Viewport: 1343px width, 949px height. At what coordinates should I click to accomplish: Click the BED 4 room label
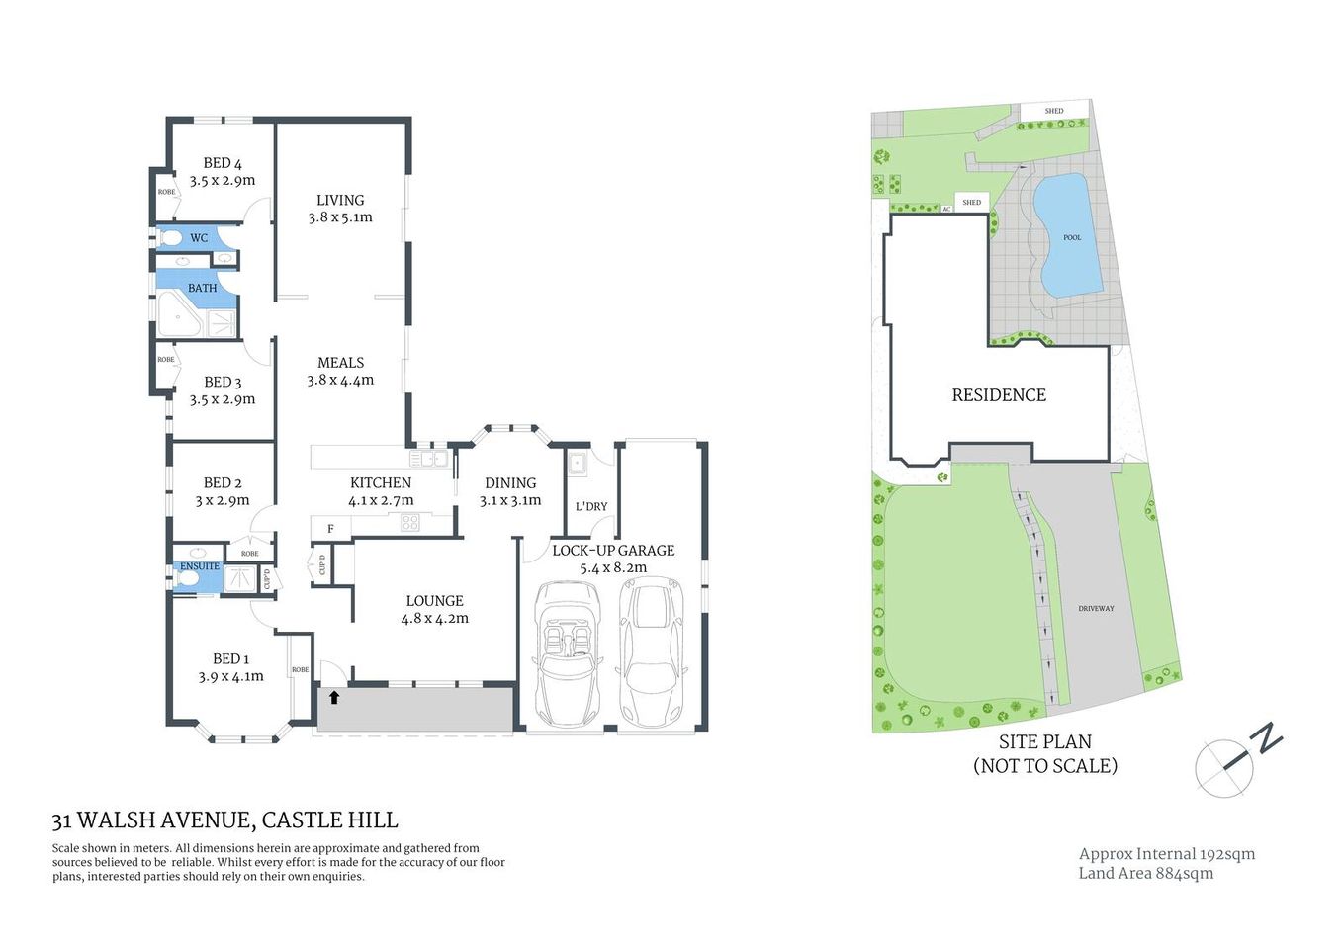click(223, 163)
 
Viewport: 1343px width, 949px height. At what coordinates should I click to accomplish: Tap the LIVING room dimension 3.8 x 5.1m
click(340, 217)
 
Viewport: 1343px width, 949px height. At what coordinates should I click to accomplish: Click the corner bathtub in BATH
click(178, 315)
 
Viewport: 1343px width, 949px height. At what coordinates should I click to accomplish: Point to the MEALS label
click(340, 363)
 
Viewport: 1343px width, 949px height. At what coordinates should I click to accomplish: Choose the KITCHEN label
click(381, 482)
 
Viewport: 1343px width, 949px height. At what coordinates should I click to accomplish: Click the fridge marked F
click(330, 529)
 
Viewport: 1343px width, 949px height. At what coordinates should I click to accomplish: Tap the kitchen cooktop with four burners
click(410, 522)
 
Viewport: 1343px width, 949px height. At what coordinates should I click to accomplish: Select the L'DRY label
click(591, 506)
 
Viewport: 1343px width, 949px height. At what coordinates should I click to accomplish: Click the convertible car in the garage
click(567, 652)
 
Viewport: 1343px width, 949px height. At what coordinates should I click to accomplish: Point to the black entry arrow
click(334, 697)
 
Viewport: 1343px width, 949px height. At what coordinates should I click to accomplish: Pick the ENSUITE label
click(200, 566)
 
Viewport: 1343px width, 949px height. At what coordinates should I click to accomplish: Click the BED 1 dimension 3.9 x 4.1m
click(230, 677)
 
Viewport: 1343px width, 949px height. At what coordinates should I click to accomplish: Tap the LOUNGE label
click(434, 600)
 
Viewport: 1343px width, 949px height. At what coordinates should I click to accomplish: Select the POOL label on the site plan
click(1072, 237)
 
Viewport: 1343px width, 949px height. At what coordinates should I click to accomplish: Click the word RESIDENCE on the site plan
click(999, 395)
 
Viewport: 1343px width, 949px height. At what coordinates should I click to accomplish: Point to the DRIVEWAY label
click(1096, 608)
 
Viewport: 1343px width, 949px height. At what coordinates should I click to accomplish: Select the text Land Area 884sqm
click(1145, 873)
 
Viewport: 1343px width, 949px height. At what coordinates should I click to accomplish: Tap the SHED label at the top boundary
click(1054, 111)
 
